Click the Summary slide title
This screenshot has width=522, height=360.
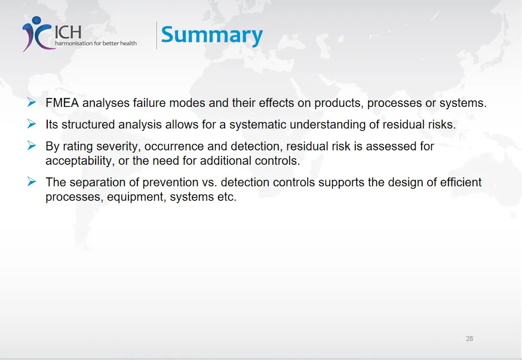point(212,35)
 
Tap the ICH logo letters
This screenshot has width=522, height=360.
point(68,32)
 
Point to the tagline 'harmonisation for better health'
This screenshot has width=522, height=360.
point(96,43)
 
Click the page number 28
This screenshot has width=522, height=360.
point(469,339)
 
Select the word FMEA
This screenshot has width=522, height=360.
point(62,103)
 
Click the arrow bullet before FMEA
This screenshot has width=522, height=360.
point(32,102)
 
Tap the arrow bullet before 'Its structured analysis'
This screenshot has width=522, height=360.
point(32,124)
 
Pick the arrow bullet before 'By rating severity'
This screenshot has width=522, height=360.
point(32,146)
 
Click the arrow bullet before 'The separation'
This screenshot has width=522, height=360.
point(32,181)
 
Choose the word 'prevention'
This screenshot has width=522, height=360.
point(170,182)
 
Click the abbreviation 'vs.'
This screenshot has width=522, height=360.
point(210,183)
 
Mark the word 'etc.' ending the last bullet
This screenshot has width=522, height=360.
point(227,197)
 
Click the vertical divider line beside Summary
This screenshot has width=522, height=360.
point(156,35)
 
